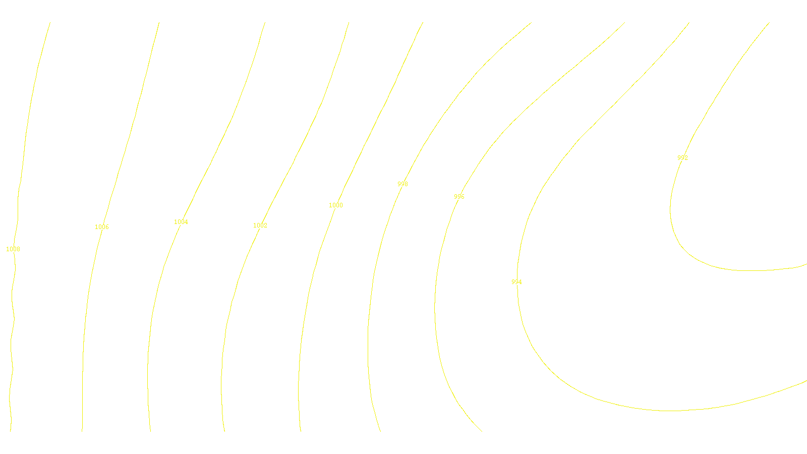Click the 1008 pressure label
[x=13, y=249]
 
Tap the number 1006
[x=102, y=227]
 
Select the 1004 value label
[x=181, y=222]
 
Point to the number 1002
[x=260, y=225]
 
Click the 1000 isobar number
[x=336, y=205]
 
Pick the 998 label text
[x=402, y=184]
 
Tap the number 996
[x=459, y=197]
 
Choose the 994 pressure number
[x=516, y=282]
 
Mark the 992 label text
[x=682, y=158]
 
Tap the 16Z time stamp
[x=383, y=424]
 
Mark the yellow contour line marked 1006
[x=83, y=353]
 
